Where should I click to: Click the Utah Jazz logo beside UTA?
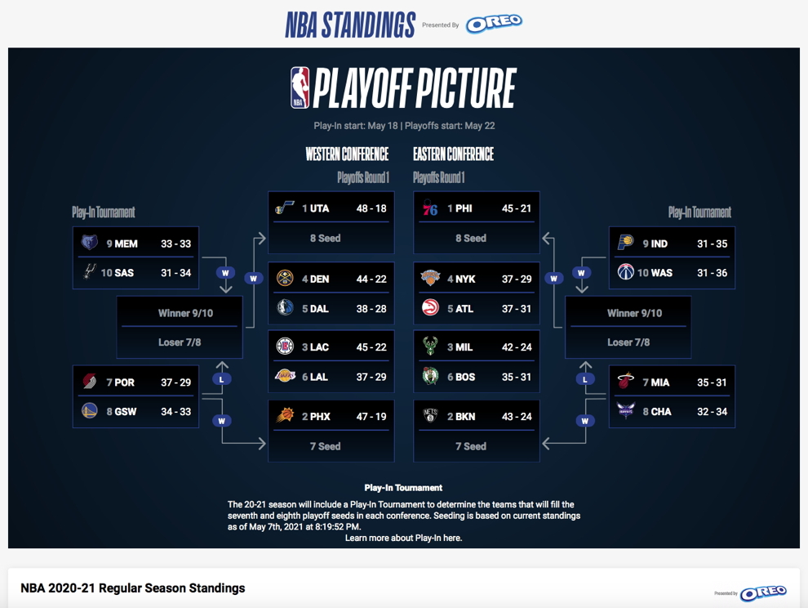(285, 208)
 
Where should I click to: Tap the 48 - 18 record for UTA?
(371, 208)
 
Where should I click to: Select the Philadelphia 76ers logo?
(430, 208)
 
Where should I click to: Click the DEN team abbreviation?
(319, 279)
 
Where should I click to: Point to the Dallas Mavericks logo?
(285, 308)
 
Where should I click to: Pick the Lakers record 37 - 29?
(371, 378)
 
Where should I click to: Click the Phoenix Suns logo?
(285, 415)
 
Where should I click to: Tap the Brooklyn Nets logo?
(430, 416)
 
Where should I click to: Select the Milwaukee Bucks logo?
(430, 346)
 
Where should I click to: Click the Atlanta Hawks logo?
(430, 308)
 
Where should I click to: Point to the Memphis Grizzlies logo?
(89, 243)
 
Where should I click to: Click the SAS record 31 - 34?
(175, 272)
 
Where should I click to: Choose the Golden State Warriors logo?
(90, 411)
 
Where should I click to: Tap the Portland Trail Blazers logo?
(90, 382)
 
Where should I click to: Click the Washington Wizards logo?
(625, 272)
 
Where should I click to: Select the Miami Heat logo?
(625, 382)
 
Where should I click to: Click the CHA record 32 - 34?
(713, 412)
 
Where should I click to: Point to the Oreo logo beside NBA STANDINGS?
(494, 24)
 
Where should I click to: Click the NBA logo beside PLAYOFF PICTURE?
(300, 87)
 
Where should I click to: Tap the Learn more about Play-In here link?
(403, 538)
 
